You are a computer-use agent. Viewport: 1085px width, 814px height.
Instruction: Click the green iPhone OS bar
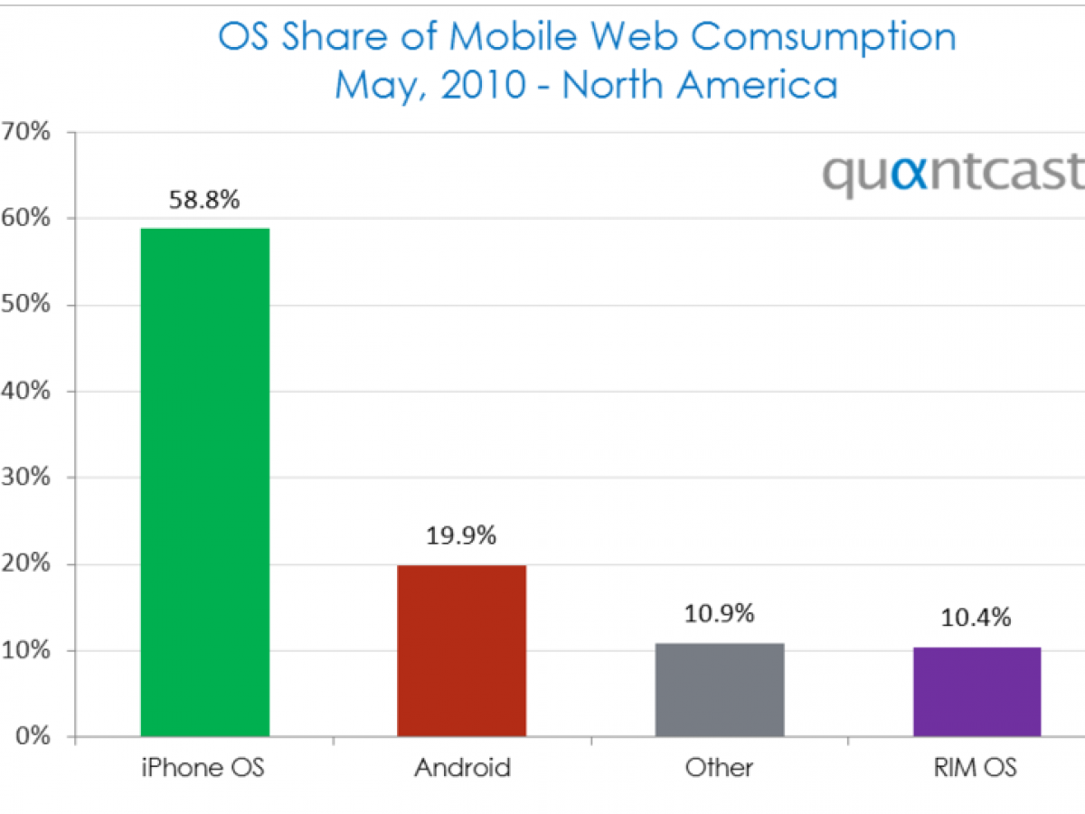point(205,482)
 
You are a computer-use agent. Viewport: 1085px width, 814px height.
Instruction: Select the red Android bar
point(461,650)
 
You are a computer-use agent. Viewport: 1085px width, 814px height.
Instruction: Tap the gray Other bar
point(720,689)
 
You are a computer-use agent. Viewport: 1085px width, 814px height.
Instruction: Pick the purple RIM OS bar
point(976,692)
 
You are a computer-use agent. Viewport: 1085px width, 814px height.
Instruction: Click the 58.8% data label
point(205,200)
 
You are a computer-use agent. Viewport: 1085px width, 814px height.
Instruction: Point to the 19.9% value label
point(461,536)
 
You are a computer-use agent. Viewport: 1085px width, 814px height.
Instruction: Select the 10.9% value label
point(720,614)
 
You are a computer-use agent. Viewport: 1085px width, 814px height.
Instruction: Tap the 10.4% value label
point(976,619)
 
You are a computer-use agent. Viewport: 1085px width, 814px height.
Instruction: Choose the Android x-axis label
point(462,768)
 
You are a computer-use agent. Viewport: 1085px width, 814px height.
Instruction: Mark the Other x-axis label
point(720,768)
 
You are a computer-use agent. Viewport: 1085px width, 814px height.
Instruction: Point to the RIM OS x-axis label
point(976,768)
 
